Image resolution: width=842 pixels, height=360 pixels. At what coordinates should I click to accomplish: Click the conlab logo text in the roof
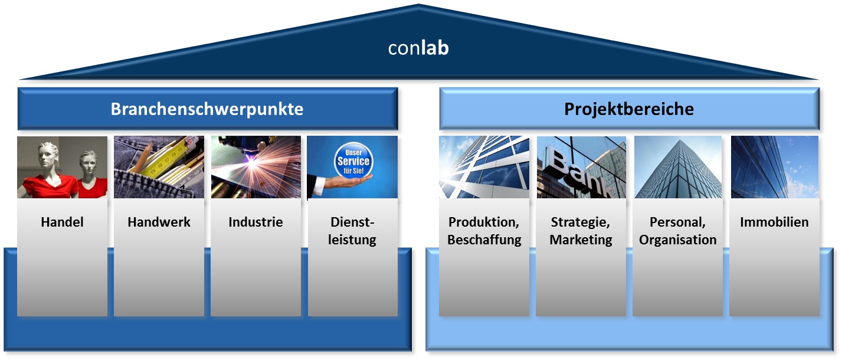418,48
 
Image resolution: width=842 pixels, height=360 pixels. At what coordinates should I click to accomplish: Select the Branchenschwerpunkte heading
207,109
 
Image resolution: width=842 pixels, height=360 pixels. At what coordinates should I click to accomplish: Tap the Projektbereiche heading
629,109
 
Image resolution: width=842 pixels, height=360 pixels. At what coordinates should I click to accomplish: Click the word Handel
62,222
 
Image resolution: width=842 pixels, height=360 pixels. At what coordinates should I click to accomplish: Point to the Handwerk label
159,222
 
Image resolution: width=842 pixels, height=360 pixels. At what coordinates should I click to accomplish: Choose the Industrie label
255,222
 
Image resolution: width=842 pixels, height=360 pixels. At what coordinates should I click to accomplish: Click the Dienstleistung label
352,231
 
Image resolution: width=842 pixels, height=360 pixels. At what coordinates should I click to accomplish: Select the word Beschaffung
484,240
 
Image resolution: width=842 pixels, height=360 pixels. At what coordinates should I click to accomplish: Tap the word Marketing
581,240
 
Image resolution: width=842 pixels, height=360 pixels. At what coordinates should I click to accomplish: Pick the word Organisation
678,240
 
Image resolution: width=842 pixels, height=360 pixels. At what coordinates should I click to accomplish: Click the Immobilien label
774,222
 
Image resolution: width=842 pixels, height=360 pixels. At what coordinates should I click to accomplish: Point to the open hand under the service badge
346,182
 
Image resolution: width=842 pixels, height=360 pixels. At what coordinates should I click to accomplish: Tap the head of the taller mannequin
48,153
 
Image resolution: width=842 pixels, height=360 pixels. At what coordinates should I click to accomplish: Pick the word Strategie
581,222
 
